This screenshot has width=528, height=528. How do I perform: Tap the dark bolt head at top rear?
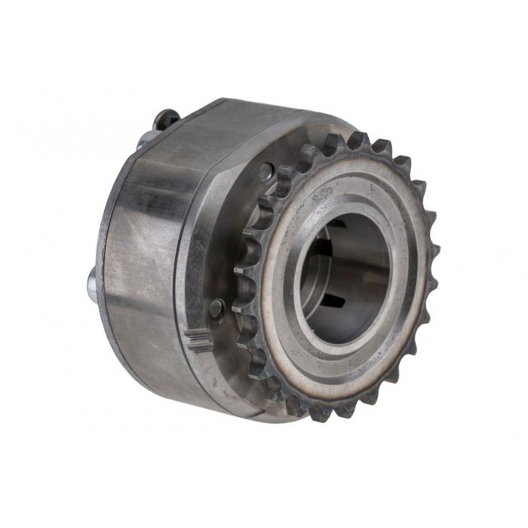[x=167, y=118]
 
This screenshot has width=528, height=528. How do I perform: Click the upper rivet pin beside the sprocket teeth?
[x=266, y=172]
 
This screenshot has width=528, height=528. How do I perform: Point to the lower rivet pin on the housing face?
[x=216, y=307]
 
